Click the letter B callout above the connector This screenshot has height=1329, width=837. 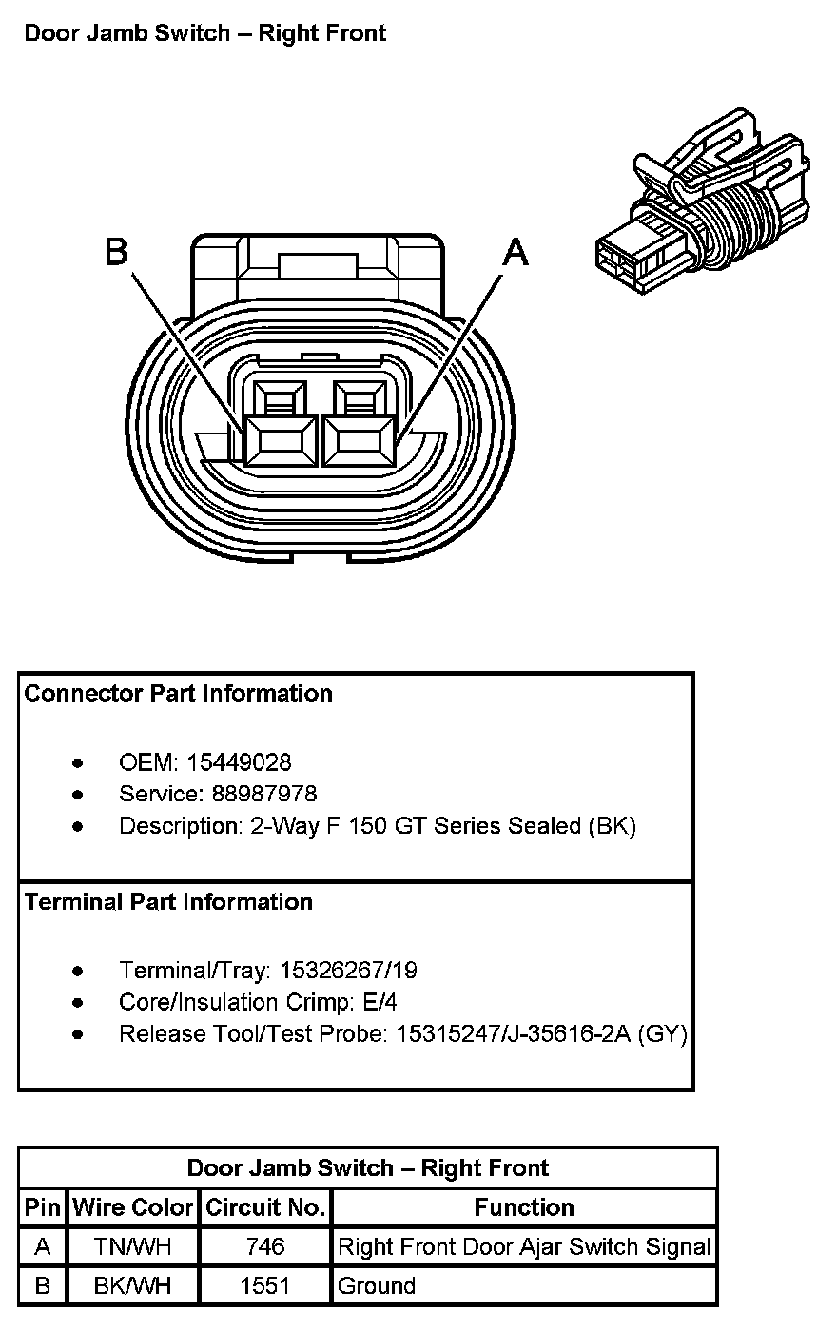[116, 252]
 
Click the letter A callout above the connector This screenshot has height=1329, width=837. [515, 252]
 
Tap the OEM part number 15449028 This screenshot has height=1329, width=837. [240, 762]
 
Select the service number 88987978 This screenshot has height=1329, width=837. [252, 794]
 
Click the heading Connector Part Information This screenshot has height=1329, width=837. [179, 694]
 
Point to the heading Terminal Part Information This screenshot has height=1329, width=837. [168, 901]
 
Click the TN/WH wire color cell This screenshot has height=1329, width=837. [133, 1246]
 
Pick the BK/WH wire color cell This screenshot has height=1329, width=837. [133, 1286]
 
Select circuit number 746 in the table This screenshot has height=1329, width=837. [264, 1246]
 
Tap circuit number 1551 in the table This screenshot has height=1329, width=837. [264, 1286]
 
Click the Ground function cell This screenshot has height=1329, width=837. [377, 1286]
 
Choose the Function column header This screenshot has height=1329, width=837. [524, 1207]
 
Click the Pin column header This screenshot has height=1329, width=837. [43, 1207]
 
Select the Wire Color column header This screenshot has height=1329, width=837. [133, 1207]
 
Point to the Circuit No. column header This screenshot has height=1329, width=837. [265, 1207]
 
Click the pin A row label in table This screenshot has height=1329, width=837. [43, 1246]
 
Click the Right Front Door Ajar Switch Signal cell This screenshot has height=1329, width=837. [524, 1246]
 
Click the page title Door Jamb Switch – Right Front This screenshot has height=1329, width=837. [205, 34]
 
